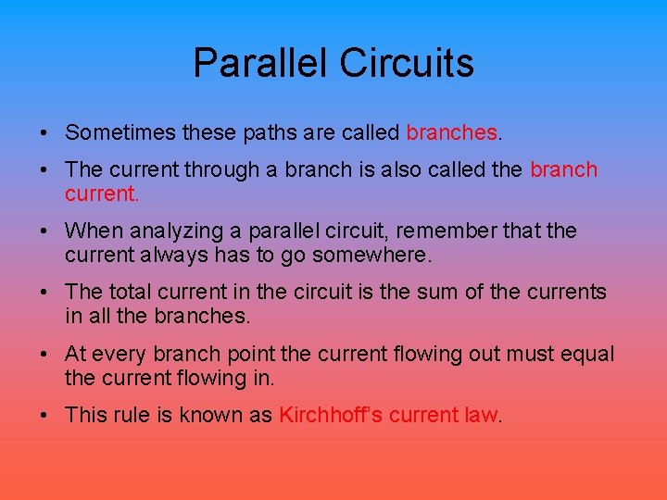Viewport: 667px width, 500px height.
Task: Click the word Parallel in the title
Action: click(x=260, y=63)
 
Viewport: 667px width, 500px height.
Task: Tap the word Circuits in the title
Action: click(x=407, y=63)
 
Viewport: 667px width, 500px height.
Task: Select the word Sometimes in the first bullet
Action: click(x=120, y=132)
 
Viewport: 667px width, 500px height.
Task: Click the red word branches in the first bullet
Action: click(x=452, y=132)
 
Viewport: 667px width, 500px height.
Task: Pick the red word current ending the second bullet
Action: click(x=100, y=194)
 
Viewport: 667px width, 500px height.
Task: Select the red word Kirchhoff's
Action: click(x=331, y=414)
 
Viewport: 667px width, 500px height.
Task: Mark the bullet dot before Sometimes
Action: click(x=45, y=133)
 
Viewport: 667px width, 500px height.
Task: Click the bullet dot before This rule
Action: click(x=45, y=415)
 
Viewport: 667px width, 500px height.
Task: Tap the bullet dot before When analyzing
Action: click(x=45, y=231)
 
